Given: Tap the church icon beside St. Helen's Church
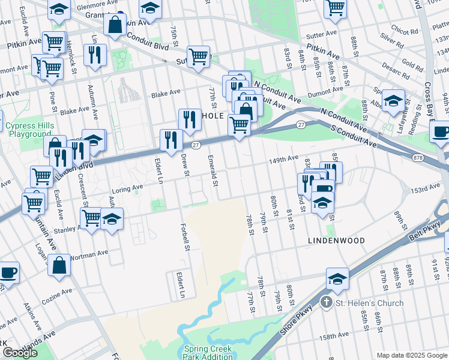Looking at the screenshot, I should pyautogui.click(x=326, y=302).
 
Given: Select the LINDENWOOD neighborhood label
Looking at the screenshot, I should pyautogui.click(x=336, y=240).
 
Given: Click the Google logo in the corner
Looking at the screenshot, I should pyautogui.click(x=20, y=353).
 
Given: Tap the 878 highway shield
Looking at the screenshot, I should pyautogui.click(x=418, y=157).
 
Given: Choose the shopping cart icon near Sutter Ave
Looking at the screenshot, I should pyautogui.click(x=198, y=57).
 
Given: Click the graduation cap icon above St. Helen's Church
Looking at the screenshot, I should pyautogui.click(x=337, y=278).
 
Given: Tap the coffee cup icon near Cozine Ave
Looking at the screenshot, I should pyautogui.click(x=8, y=272).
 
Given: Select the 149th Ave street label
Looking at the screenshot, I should pyautogui.click(x=283, y=159).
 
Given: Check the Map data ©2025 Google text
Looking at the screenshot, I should pyautogui.click(x=411, y=355).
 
